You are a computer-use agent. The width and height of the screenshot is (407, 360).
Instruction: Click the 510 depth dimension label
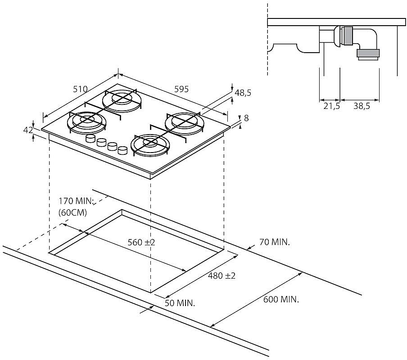click(80, 89)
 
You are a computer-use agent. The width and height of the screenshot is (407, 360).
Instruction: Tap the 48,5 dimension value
click(243, 93)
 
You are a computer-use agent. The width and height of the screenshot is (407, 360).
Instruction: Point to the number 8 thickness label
click(246, 118)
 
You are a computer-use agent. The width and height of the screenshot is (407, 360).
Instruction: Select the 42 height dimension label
click(28, 130)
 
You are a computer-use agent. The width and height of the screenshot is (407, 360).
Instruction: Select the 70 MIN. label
click(275, 243)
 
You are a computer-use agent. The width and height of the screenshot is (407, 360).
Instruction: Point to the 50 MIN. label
click(180, 303)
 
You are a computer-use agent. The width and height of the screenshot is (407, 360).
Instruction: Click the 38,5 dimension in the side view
click(362, 106)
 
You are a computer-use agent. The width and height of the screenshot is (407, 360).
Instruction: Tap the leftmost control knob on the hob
click(90, 139)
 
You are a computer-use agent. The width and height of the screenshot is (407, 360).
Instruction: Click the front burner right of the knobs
click(149, 144)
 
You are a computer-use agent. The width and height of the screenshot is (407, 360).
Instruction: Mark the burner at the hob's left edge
click(86, 121)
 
